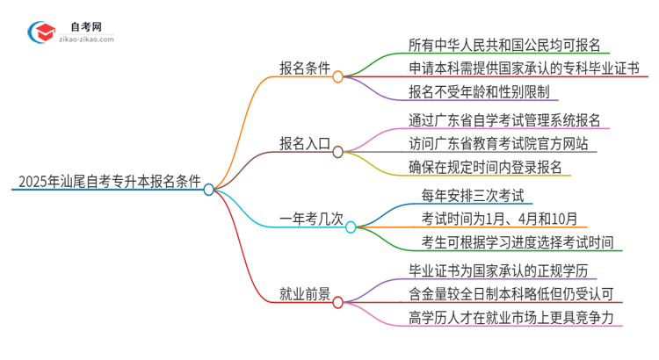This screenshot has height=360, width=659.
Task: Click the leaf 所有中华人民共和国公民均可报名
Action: [x=504, y=46]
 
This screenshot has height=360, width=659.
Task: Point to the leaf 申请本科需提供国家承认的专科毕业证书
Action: [x=524, y=68]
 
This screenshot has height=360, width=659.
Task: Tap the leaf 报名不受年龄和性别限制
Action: [x=482, y=91]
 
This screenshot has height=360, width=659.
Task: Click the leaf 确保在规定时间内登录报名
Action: [x=485, y=167]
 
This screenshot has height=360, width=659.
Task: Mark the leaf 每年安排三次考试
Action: [x=473, y=195]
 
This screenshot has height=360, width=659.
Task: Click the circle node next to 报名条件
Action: [x=338, y=77]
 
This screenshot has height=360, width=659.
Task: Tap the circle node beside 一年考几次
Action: [x=351, y=227]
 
